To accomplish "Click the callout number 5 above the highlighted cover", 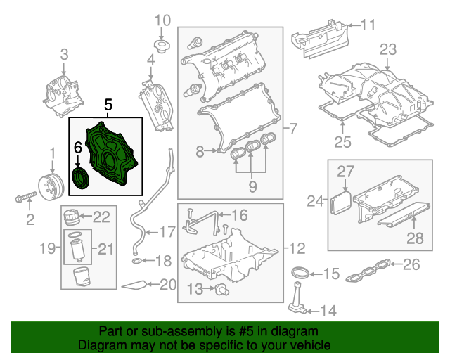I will coord(108,105).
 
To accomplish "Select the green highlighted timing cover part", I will coord(112,155).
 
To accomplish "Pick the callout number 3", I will coord(63,54).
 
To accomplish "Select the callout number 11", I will coord(368,26).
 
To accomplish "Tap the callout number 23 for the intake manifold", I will coord(388,49).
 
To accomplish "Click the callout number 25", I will coord(342,143).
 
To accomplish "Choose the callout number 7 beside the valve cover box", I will coord(293,129).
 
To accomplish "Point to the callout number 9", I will coord(252,186).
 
